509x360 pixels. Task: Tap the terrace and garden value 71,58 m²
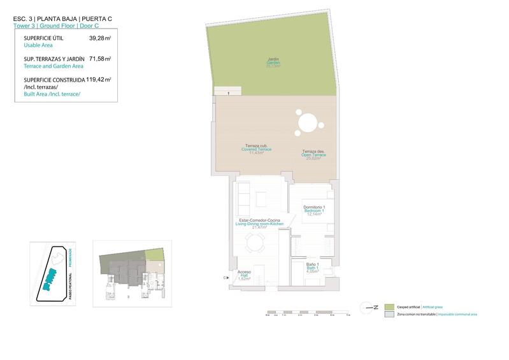[x=100, y=59]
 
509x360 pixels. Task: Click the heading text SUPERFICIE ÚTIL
[x=43, y=38]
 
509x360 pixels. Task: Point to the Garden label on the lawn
[x=273, y=62]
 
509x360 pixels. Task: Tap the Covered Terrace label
[x=257, y=149]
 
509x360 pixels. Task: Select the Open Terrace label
[x=314, y=155]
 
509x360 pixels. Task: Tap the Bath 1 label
[x=312, y=268]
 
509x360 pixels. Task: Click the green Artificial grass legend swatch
[x=390, y=306]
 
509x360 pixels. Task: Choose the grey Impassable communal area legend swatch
[x=390, y=314]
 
